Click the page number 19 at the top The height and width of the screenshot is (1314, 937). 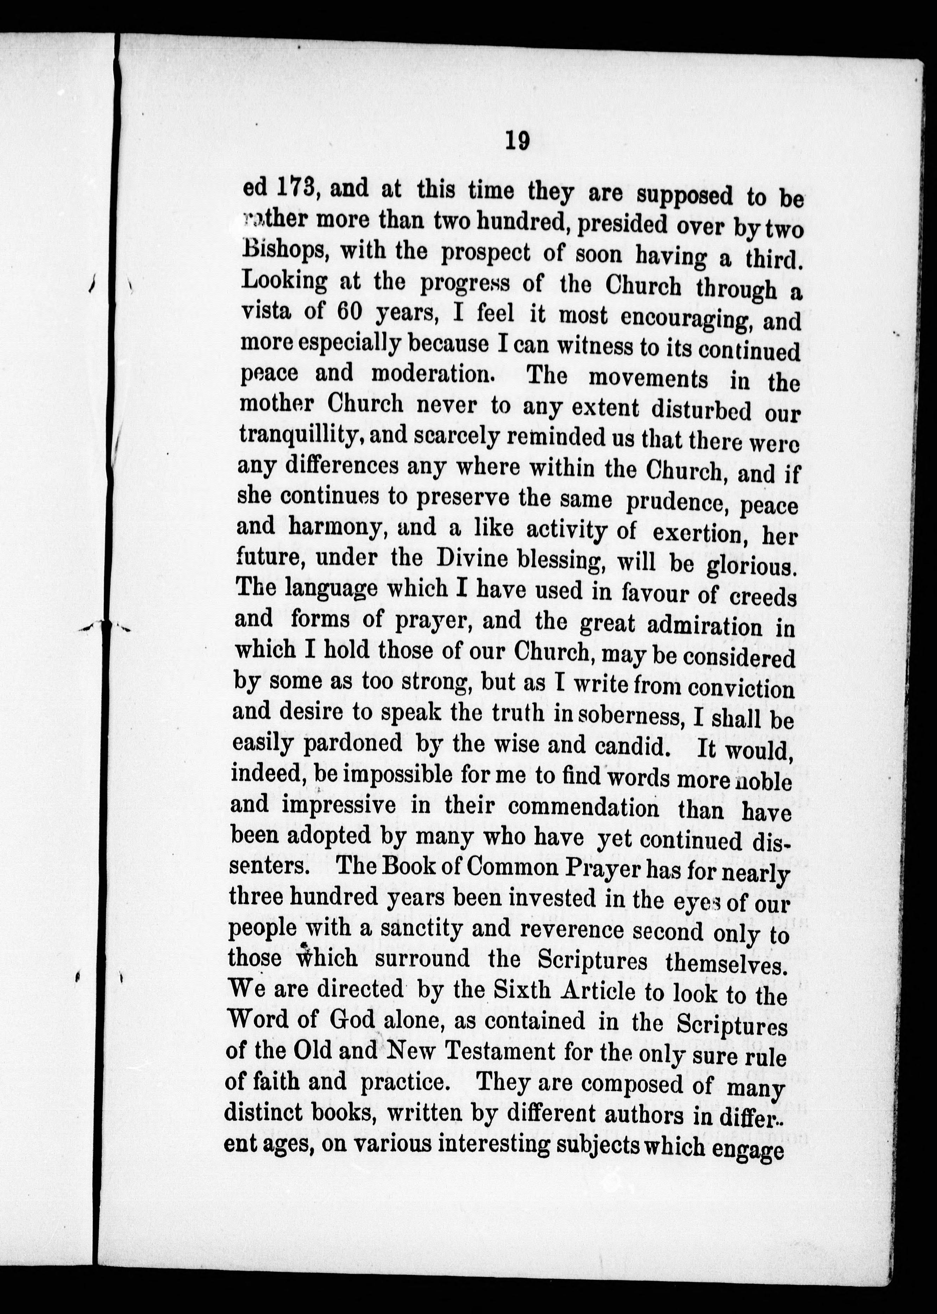click(517, 141)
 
